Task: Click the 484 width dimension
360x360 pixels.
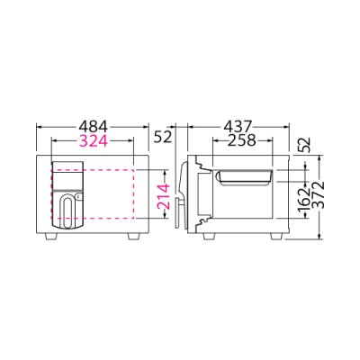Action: tap(93, 127)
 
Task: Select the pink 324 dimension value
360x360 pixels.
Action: tap(93, 140)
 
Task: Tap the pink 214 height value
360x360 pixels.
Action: tap(164, 197)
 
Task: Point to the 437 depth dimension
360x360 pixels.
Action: tap(238, 127)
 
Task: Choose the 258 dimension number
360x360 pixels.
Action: tap(242, 140)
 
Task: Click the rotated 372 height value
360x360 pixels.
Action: tap(319, 194)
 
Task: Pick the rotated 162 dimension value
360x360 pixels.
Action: tap(305, 200)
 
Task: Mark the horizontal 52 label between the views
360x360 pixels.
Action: tap(163, 137)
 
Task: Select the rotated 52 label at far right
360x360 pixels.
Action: tap(303, 146)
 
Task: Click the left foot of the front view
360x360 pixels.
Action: tap(51, 237)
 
